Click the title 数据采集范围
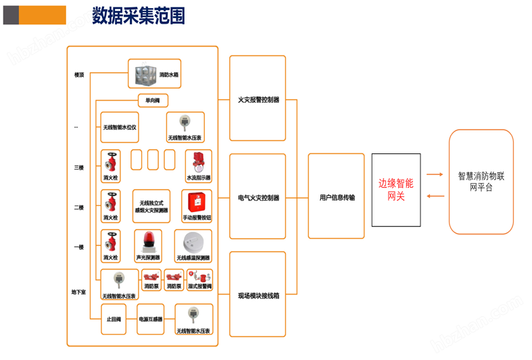[138, 16]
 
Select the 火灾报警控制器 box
[258, 99]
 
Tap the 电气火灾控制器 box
[258, 197]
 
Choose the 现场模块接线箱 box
[258, 295]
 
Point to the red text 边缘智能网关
[395, 190]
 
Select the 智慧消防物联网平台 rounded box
[481, 182]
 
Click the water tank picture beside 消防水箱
[145, 74]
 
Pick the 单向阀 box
[153, 101]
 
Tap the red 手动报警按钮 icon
[197, 202]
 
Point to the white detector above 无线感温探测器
[193, 241]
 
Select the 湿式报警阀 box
[199, 281]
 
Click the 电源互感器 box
[150, 319]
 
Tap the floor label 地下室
[79, 292]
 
